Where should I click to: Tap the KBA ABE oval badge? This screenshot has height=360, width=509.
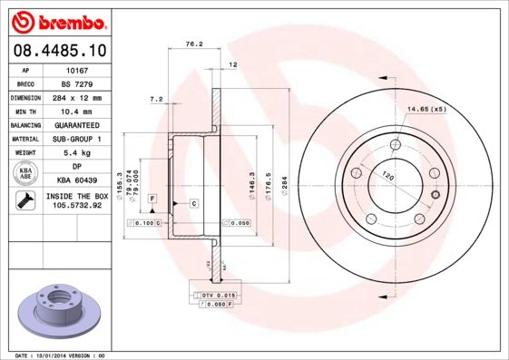click(25, 173)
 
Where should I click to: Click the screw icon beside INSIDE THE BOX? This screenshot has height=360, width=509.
click(24, 200)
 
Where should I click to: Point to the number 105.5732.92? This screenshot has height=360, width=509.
click(76, 206)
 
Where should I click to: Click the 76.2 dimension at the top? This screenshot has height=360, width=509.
click(192, 43)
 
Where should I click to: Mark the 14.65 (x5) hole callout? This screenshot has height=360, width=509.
click(427, 109)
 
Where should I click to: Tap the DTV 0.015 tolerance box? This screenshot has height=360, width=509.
click(219, 296)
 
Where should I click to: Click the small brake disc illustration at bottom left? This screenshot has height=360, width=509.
click(56, 312)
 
